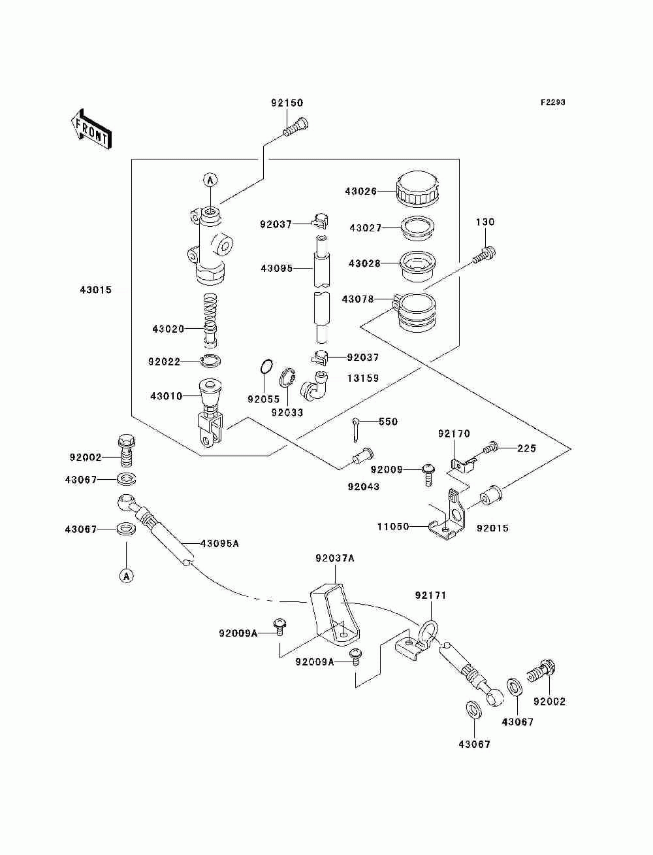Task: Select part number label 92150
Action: (x=287, y=103)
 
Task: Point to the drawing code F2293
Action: (x=552, y=103)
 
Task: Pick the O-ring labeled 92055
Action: (x=264, y=367)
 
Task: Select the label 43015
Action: (x=96, y=290)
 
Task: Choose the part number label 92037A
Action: (x=334, y=558)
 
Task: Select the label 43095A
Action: (x=219, y=543)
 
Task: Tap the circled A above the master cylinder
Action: (x=210, y=179)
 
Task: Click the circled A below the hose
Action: (x=127, y=575)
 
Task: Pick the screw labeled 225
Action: (x=492, y=448)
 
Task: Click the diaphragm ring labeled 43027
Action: (x=419, y=227)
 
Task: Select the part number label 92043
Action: (x=363, y=486)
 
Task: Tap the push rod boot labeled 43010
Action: (x=210, y=399)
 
